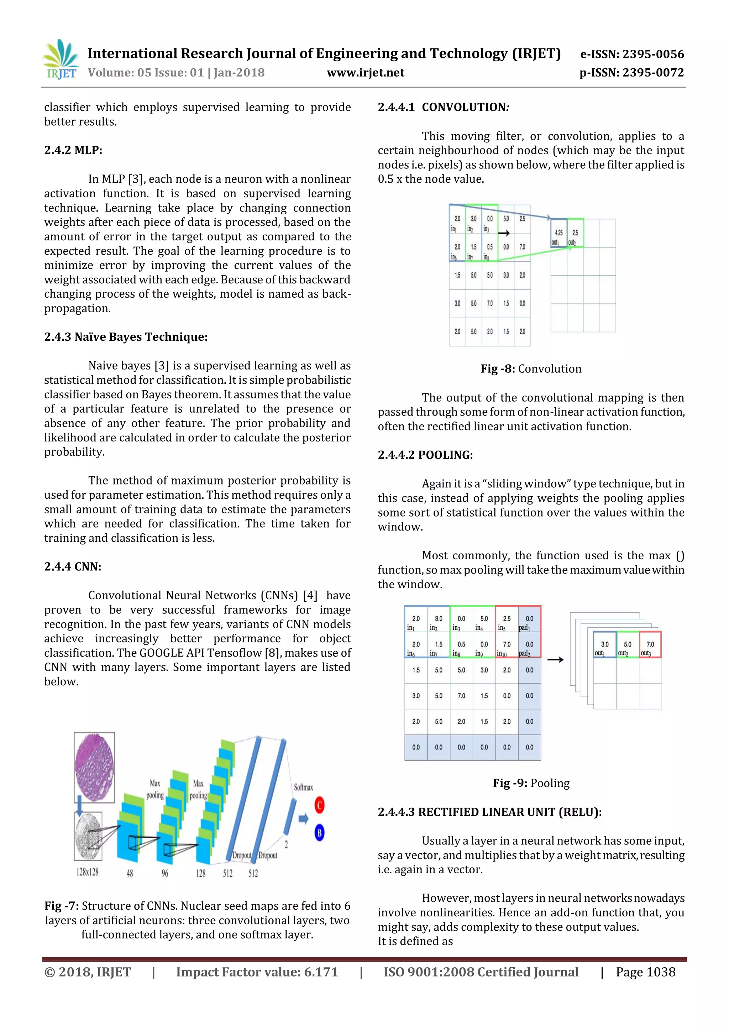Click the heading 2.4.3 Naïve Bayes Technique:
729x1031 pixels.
click(126, 337)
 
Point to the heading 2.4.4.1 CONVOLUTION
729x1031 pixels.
click(443, 107)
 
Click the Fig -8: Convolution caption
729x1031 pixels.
click(531, 369)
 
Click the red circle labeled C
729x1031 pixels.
click(319, 805)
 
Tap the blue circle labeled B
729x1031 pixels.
click(319, 833)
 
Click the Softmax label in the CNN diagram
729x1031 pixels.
click(303, 787)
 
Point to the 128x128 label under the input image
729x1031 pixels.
click(87, 872)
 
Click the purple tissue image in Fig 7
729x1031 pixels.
click(94, 767)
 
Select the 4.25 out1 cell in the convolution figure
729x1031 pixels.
click(558, 234)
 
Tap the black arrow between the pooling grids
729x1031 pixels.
click(555, 660)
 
